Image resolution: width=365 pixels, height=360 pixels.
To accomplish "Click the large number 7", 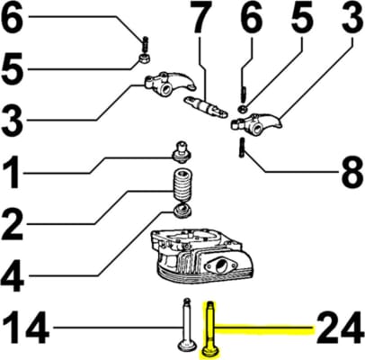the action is [200, 18].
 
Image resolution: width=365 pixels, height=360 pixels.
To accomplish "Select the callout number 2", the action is [12, 224].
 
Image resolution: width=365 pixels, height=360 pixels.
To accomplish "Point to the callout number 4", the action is [13, 274].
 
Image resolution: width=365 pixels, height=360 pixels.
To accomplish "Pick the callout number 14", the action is [24, 327].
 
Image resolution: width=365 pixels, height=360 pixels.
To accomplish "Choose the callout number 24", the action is [340, 327].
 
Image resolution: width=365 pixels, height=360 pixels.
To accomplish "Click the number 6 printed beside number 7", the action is [251, 19].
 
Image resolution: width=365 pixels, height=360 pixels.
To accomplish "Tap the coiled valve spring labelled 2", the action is [182, 185].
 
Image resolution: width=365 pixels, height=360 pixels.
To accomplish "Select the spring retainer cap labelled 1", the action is [182, 152].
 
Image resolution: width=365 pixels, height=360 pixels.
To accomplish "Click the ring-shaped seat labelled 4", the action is [182, 210].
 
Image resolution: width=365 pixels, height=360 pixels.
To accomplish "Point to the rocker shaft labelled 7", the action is [205, 107].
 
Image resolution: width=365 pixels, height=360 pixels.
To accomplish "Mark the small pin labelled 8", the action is [241, 147].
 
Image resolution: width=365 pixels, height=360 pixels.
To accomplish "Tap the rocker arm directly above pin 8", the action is [256, 122].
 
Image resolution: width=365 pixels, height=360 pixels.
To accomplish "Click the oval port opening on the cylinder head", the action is [222, 265].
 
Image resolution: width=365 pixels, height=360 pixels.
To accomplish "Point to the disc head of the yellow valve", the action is [211, 353].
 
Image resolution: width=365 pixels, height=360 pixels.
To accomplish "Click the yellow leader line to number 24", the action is [264, 329].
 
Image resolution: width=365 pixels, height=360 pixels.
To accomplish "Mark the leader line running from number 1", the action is [98, 165].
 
